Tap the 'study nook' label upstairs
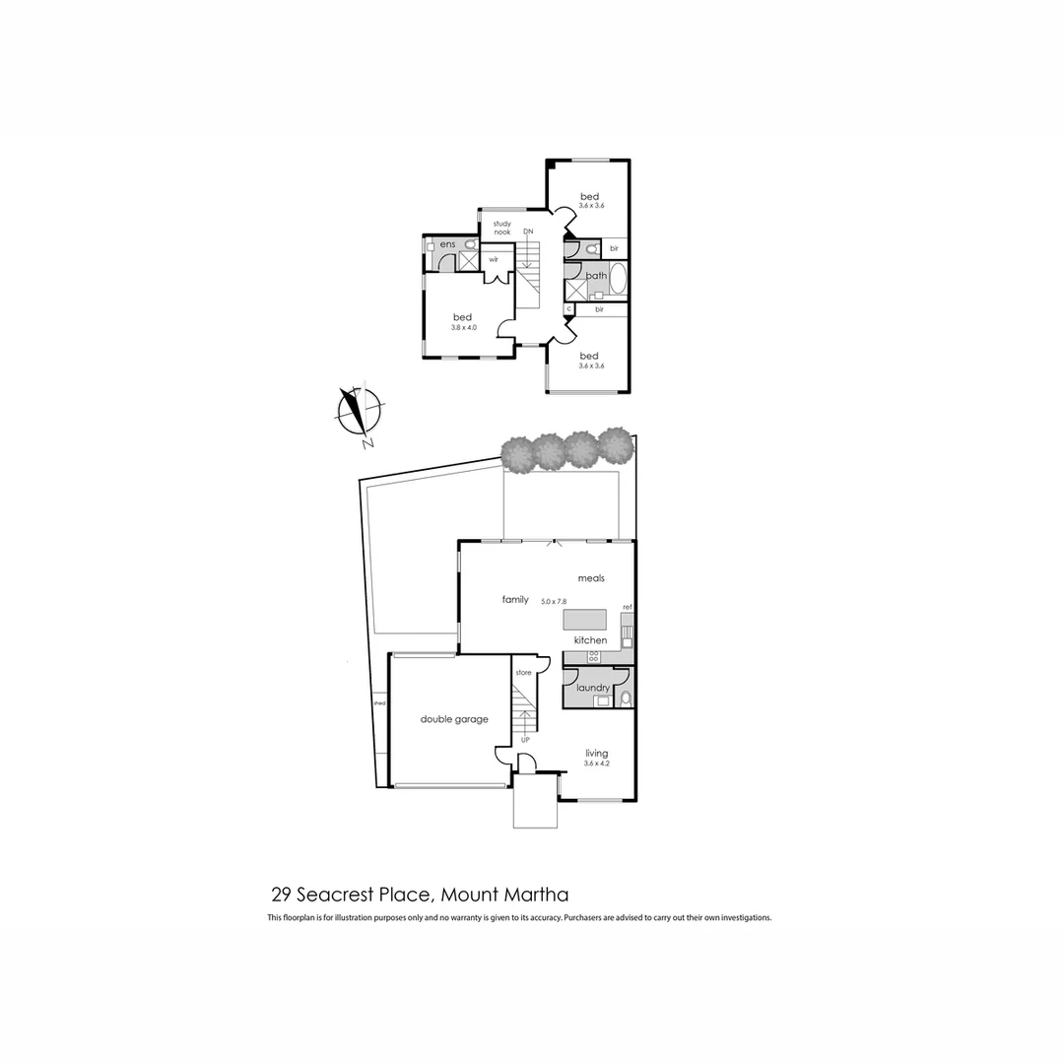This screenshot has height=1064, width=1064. (502, 228)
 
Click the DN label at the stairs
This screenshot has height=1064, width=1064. (528, 232)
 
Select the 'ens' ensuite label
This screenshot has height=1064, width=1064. (447, 244)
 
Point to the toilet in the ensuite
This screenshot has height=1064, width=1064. (470, 244)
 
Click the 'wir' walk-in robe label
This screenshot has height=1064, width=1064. (494, 260)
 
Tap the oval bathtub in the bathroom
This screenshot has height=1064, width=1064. (618, 279)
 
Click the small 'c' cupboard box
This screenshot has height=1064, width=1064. (568, 309)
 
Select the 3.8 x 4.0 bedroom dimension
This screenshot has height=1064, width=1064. (463, 327)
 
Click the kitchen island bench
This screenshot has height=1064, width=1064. (585, 619)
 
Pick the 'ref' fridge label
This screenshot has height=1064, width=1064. (626, 607)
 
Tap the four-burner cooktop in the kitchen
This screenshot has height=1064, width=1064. (595, 656)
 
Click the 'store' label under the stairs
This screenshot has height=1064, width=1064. (523, 673)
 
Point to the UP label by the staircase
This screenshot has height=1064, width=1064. (525, 739)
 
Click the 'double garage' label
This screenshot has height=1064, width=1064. (454, 719)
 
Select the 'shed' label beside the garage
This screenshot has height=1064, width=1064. (379, 703)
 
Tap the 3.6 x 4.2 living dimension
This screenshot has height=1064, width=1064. (596, 764)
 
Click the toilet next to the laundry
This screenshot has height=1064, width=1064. (625, 698)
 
